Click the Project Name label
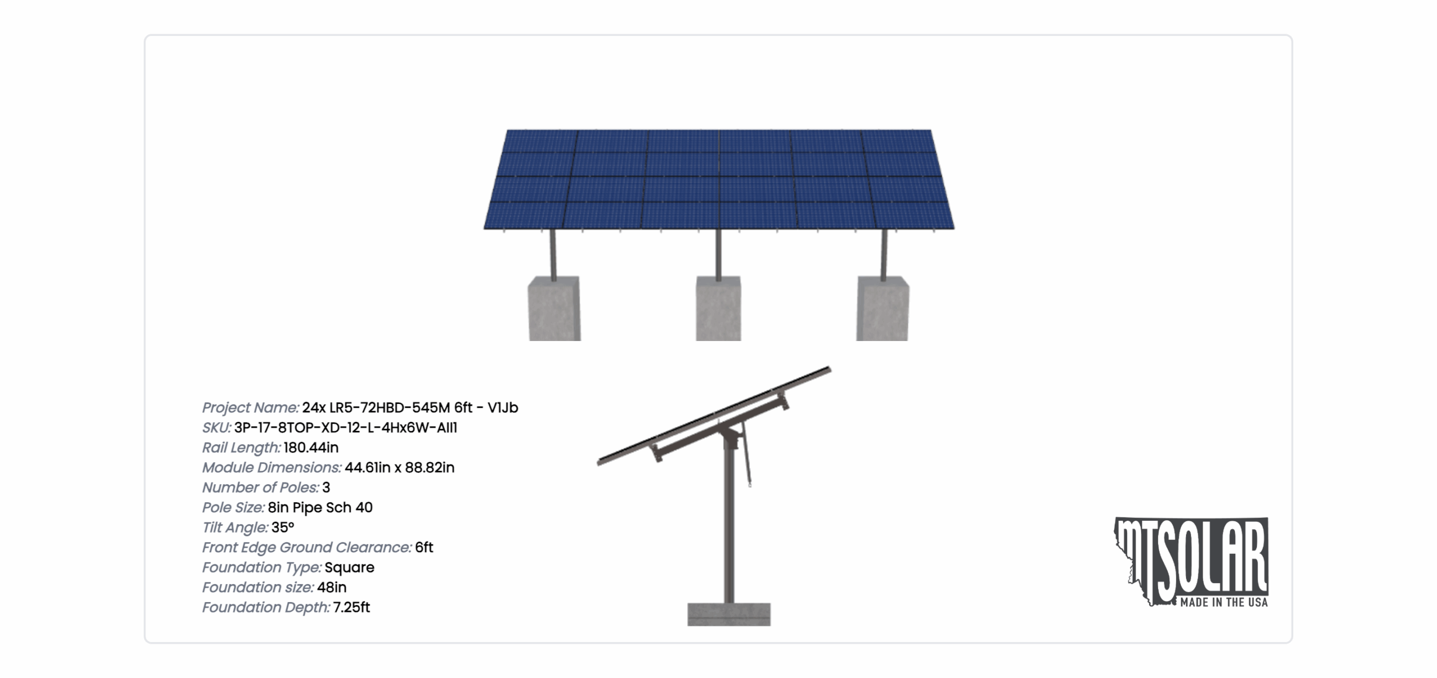tap(250, 408)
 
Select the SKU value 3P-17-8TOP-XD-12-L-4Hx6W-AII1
tap(346, 427)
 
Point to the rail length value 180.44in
tap(311, 448)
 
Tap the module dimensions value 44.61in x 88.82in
tap(400, 467)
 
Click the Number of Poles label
tap(260, 488)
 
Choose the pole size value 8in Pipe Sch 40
tap(320, 508)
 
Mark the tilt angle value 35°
tap(283, 527)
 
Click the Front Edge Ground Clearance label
tap(307, 548)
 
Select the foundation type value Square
tap(349, 568)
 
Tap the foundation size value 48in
tap(332, 588)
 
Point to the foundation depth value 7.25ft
tap(351, 607)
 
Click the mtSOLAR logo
tap(1191, 562)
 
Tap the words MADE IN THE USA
tap(1224, 603)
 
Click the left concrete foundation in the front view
tap(554, 308)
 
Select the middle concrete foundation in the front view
tap(718, 308)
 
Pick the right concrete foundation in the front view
tap(882, 308)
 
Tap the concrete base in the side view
tap(729, 615)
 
